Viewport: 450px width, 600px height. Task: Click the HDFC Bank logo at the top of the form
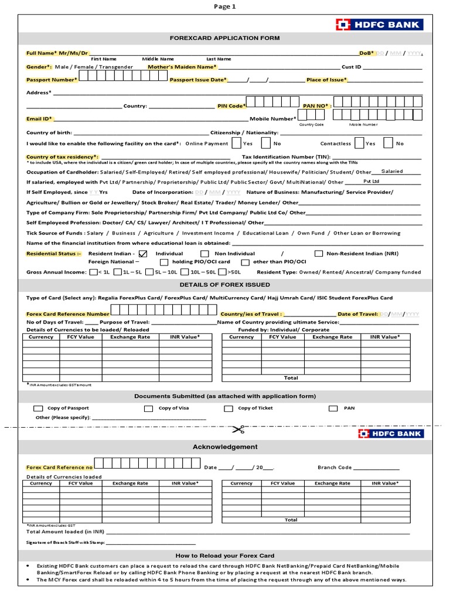pyautogui.click(x=379, y=24)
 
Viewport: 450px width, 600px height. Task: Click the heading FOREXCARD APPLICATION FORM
pyautogui.click(x=224, y=38)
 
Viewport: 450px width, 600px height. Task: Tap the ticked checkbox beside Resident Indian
pyautogui.click(x=143, y=253)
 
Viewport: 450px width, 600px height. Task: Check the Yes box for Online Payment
pyautogui.click(x=236, y=143)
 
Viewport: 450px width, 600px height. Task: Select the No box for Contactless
pyautogui.click(x=388, y=143)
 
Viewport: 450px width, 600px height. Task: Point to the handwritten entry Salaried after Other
pyautogui.click(x=392, y=172)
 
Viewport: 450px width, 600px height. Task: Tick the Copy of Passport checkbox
pyautogui.click(x=38, y=408)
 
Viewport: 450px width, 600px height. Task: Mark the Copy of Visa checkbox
pyautogui.click(x=149, y=408)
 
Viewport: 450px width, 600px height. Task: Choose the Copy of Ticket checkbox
pyautogui.click(x=229, y=408)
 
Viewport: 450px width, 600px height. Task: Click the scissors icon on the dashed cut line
pyautogui.click(x=237, y=430)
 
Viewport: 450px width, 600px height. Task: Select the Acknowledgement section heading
pyautogui.click(x=225, y=446)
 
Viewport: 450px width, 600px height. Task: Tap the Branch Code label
pyautogui.click(x=335, y=468)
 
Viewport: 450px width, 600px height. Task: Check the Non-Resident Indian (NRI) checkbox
pyautogui.click(x=319, y=253)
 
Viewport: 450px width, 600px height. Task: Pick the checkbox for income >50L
pyautogui.click(x=222, y=272)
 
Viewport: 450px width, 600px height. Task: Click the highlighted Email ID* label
pyautogui.click(x=39, y=118)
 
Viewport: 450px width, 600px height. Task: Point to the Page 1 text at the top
pyautogui.click(x=225, y=6)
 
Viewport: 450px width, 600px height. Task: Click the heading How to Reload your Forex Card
pyautogui.click(x=224, y=555)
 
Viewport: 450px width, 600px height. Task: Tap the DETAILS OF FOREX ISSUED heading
pyautogui.click(x=224, y=285)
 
